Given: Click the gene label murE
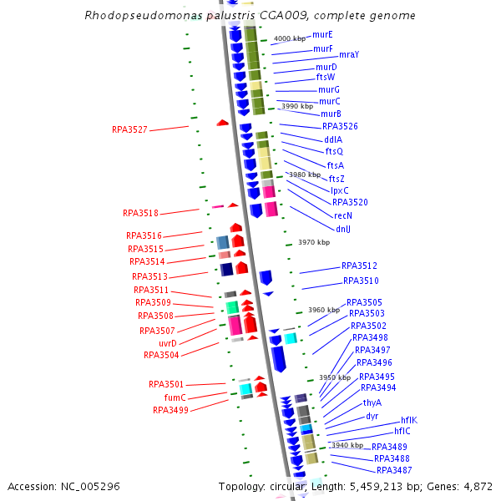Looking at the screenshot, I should [321, 35].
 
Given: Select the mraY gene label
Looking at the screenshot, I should [348, 54].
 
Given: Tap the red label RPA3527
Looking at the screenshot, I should [129, 129].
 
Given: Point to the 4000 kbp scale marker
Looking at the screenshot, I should [291, 38].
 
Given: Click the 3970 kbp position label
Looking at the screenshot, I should [314, 242].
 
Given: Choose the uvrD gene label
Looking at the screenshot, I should [168, 342].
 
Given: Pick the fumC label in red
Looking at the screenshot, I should [175, 397].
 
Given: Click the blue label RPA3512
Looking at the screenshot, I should [359, 266].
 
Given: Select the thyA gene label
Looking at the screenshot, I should [372, 402].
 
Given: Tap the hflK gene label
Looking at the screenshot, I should [408, 420].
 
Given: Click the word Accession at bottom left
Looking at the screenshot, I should [31, 486].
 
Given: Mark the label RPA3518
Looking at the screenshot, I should [140, 214].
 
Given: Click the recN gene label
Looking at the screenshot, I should [343, 215].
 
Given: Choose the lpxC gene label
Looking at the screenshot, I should [339, 190].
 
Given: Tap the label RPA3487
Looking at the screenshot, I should [394, 470].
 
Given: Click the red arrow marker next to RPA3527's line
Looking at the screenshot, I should [222, 123].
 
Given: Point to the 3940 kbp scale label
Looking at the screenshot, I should [347, 445].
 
